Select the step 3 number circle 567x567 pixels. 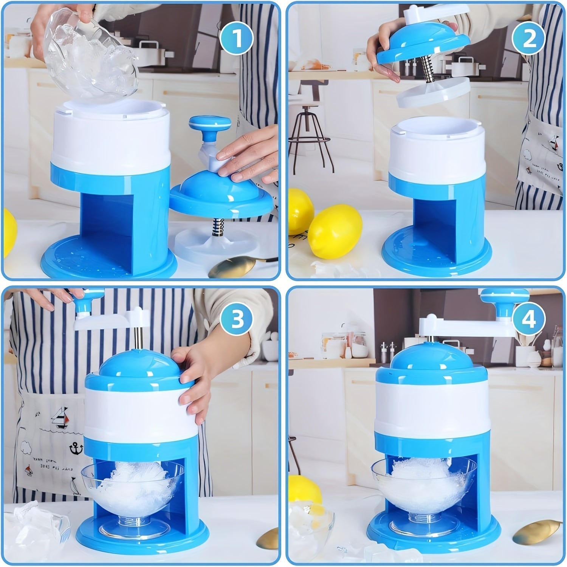tap(237, 320)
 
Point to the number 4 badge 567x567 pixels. tap(528, 320)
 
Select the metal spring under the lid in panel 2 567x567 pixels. tap(431, 71)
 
